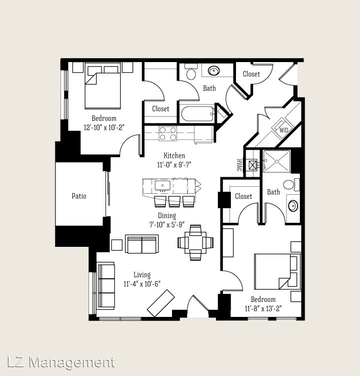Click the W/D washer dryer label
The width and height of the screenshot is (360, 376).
(284, 130)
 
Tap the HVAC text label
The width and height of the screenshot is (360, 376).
(238, 165)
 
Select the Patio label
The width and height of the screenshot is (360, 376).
(79, 196)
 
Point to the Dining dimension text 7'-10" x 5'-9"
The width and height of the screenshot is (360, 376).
(167, 225)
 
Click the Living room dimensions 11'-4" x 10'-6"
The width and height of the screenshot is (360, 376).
(142, 284)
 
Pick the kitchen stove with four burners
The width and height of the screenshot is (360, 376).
(168, 134)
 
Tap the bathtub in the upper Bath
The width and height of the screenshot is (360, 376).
(197, 113)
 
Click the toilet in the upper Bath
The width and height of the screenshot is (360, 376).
(190, 73)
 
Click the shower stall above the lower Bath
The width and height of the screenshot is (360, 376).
(276, 161)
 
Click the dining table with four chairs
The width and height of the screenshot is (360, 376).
(195, 243)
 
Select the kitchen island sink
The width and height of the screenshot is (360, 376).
(162, 186)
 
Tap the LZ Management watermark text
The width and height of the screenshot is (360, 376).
(61, 362)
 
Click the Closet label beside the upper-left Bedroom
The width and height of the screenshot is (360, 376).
(160, 109)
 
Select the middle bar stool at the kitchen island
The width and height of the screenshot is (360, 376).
(174, 201)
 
